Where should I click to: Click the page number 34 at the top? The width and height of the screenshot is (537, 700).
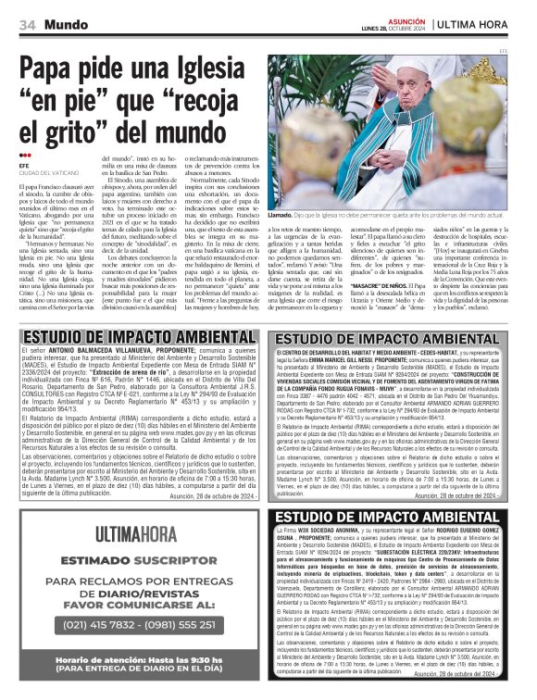click(x=27, y=22)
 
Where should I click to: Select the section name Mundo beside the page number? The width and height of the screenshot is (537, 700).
click(x=63, y=22)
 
